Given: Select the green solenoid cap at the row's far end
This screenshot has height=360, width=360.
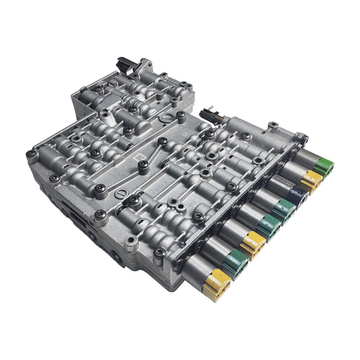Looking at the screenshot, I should (323, 167).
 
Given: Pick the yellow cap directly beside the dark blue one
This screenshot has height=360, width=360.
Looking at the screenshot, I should (312, 181).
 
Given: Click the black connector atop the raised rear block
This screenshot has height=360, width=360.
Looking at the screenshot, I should (124, 63).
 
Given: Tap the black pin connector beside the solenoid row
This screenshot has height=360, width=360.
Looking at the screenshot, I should (209, 115).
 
